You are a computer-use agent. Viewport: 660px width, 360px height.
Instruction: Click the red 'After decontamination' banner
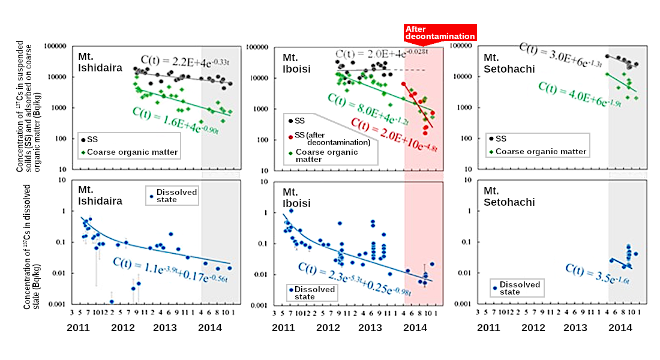pyautogui.click(x=440, y=32)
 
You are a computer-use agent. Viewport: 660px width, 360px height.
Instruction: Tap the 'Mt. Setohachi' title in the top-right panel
pyautogui.click(x=509, y=64)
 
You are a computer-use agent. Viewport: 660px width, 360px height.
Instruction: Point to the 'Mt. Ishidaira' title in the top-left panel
pyautogui.click(x=100, y=63)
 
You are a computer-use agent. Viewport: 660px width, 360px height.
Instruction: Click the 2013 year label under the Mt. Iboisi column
pyautogui.click(x=370, y=328)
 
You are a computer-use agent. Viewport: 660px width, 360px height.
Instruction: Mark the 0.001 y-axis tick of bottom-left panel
pyautogui.click(x=59, y=304)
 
